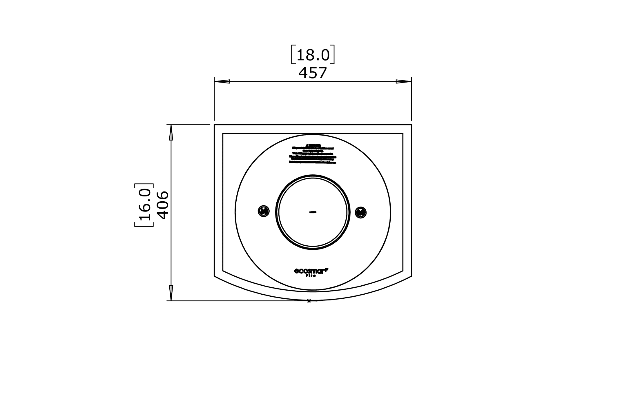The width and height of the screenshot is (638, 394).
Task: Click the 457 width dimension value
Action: point(313,73)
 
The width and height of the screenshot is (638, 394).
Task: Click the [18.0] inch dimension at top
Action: point(313,54)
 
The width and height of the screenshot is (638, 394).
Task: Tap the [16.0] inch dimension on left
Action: point(144,205)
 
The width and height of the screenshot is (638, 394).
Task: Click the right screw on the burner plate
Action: point(361,212)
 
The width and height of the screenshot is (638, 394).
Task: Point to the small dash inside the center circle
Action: point(313,212)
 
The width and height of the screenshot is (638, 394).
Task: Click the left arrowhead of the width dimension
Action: point(222,81)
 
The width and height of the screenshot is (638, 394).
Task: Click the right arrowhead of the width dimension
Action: point(404,81)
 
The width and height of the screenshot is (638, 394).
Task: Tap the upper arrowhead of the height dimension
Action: point(171,132)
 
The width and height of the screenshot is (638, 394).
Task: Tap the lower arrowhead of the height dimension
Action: point(171,293)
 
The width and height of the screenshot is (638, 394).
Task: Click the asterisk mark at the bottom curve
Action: point(309,301)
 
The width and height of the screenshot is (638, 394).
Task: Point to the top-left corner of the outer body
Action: point(215,125)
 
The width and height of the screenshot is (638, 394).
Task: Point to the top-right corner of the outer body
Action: point(411,125)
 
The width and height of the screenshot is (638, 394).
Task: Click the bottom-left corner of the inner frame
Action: point(223,271)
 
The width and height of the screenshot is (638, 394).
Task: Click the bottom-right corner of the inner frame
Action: point(403,271)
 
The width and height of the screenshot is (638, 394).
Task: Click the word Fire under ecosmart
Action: point(311,276)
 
